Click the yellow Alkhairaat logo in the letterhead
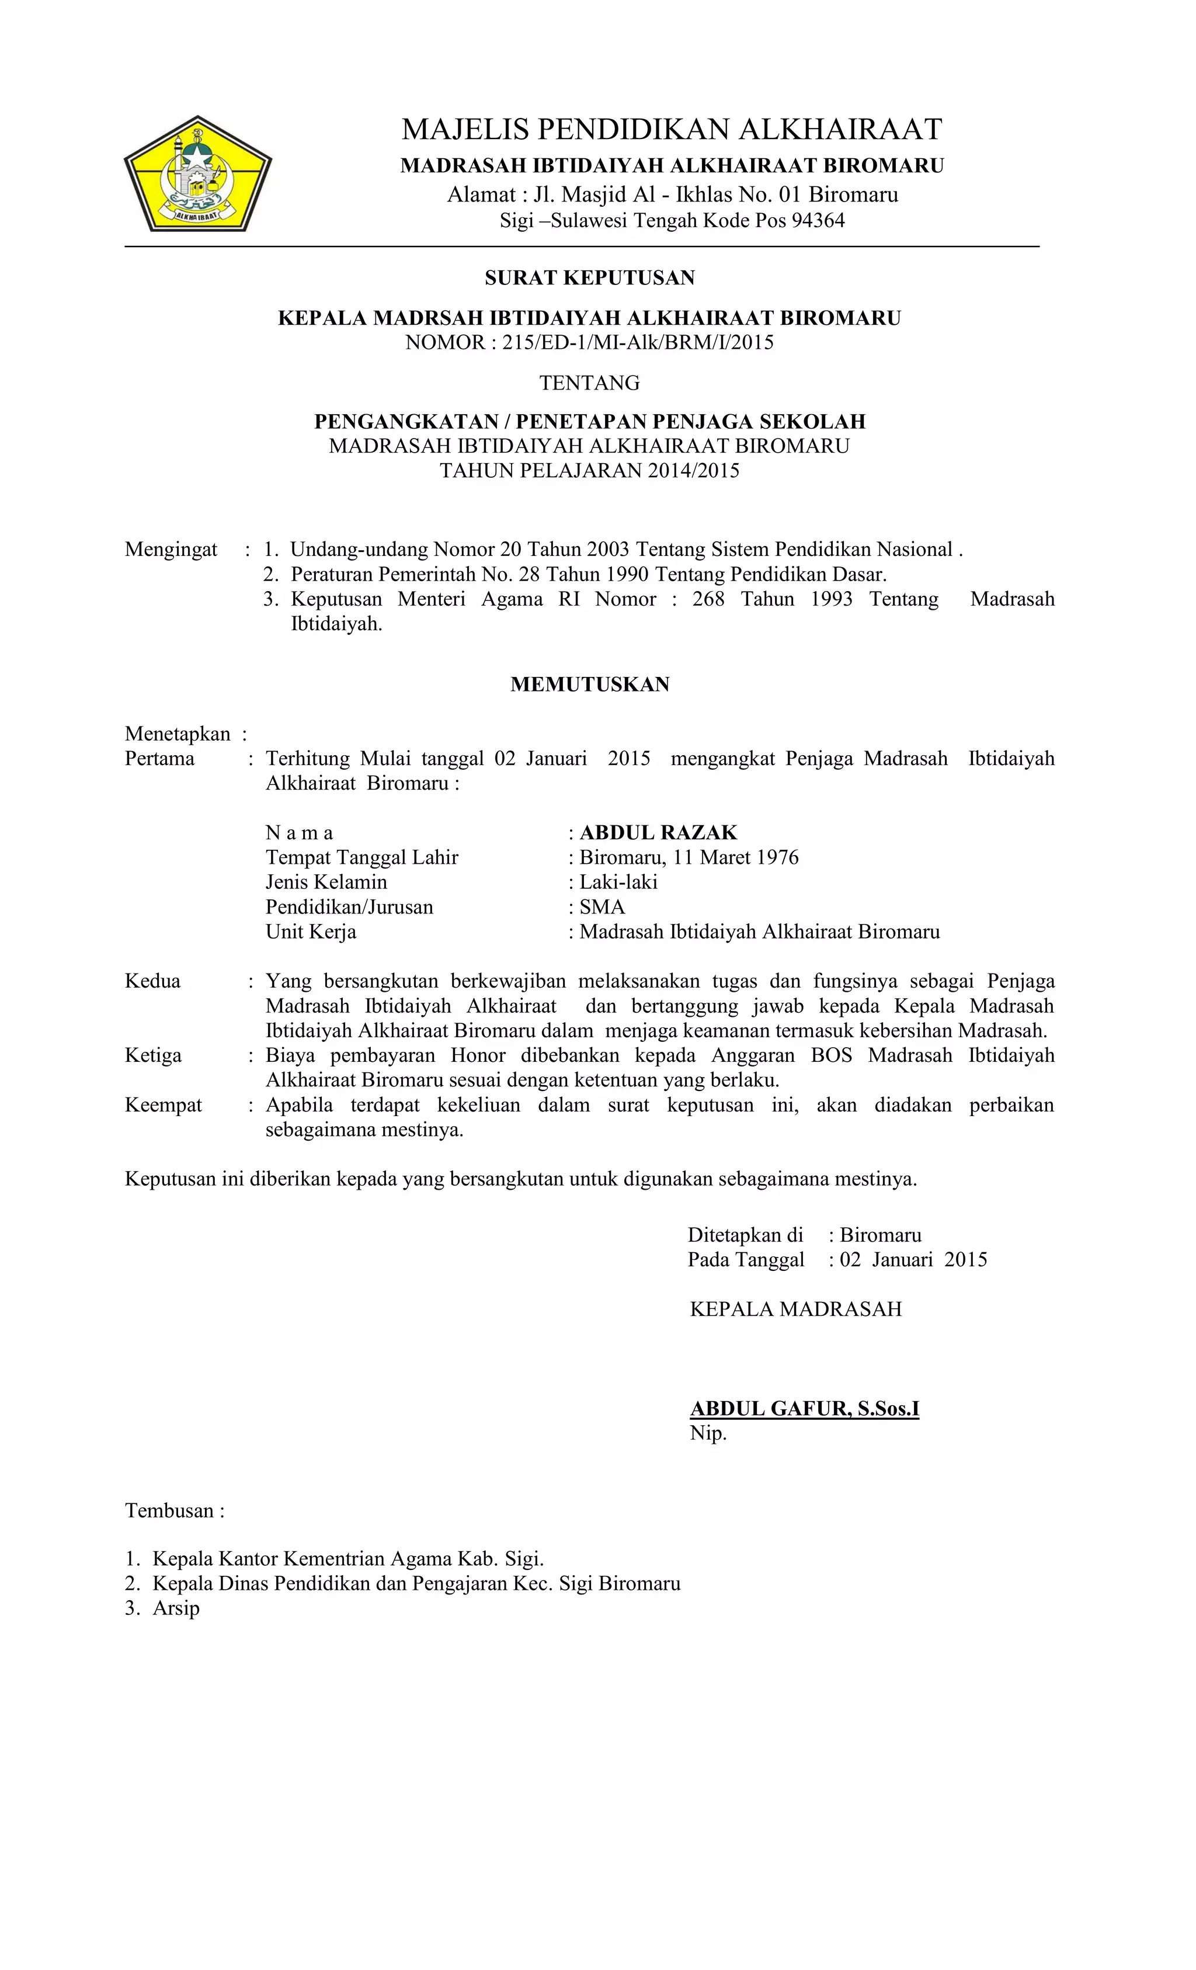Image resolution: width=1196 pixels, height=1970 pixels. [x=197, y=174]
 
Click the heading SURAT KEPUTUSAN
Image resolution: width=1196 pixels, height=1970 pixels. [x=589, y=277]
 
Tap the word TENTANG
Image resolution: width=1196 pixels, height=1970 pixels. [x=589, y=383]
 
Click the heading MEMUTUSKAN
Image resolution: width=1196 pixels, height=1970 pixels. [x=589, y=685]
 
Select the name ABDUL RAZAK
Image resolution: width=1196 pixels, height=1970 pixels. [x=658, y=833]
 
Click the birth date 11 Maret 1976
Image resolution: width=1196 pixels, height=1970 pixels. [x=735, y=858]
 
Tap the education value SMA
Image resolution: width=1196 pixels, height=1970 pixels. [x=602, y=908]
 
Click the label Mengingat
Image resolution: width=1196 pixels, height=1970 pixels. [x=171, y=550]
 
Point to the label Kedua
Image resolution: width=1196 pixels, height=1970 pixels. [x=152, y=982]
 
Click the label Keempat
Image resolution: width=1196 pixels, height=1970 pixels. [x=163, y=1106]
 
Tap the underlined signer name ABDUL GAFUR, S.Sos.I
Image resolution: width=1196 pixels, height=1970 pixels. [x=804, y=1409]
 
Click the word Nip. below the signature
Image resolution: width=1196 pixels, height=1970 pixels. [x=708, y=1433]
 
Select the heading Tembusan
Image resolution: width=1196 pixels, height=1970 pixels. [x=174, y=1511]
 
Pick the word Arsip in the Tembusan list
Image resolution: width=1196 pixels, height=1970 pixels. [x=176, y=1608]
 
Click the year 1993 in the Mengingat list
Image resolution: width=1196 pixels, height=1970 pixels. [x=832, y=600]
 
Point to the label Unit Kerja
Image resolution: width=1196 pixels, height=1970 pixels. [x=311, y=932]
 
